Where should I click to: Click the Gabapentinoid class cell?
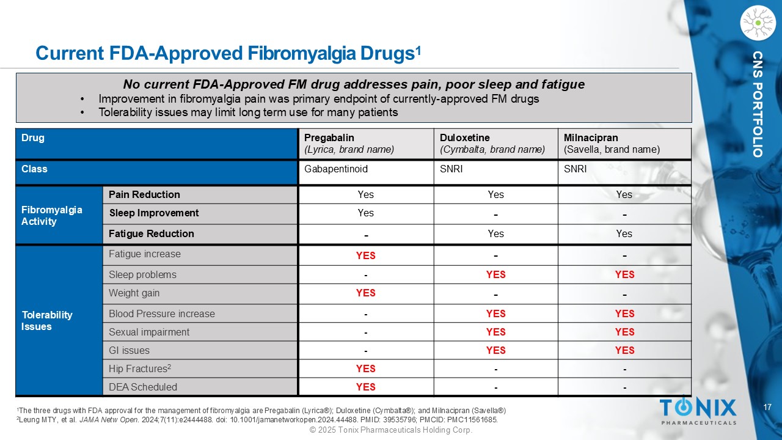[x=336, y=169]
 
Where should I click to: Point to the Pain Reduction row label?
[x=144, y=194]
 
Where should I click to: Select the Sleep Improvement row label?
[x=153, y=213]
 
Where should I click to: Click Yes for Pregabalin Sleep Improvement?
[x=365, y=213]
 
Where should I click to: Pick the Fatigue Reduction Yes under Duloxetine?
[x=495, y=233]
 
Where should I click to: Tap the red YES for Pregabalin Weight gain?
[x=365, y=293]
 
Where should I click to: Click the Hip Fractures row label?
[x=140, y=369]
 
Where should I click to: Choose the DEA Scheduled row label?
[x=143, y=387]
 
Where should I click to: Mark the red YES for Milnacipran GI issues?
[x=624, y=350]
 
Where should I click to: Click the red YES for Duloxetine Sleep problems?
[x=495, y=275]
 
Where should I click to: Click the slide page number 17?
[x=769, y=407]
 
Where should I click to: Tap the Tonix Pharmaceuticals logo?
[x=698, y=411]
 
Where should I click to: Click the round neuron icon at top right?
[x=757, y=23]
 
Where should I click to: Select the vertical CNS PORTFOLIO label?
[x=758, y=105]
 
